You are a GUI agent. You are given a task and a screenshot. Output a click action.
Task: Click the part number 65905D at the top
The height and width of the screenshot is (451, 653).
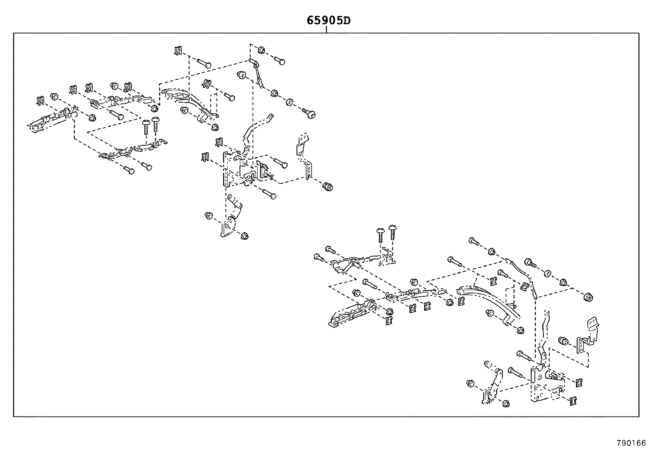coord(329,21)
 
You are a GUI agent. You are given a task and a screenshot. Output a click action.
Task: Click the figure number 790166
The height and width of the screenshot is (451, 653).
coord(631,443)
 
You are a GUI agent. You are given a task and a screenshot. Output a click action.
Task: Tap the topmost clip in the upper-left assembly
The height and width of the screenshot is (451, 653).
coord(178,50)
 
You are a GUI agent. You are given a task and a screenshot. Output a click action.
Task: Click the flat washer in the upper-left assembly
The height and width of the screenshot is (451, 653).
coord(290,102)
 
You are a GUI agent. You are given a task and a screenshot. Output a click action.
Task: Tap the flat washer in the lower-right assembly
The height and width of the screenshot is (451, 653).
coord(547,273)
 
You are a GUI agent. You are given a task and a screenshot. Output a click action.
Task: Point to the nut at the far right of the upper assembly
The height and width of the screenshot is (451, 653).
coord(328,186)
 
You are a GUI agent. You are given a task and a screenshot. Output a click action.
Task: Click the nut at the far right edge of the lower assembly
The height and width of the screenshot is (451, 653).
coord(588,298)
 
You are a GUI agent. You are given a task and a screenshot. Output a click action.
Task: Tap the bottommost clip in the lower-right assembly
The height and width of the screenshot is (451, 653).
coord(573,401)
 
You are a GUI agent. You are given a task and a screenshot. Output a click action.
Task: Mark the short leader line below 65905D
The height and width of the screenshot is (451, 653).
coord(326,30)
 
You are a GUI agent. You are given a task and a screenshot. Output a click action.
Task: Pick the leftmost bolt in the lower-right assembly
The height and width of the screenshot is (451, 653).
coord(319,257)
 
